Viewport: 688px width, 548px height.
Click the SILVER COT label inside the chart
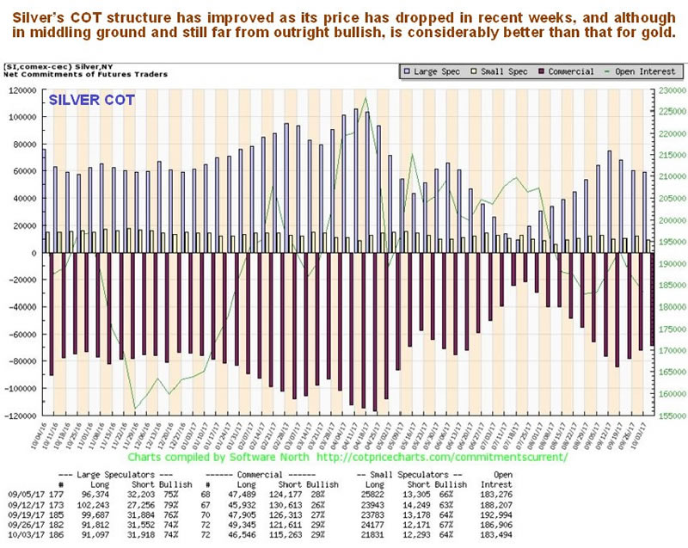click(x=91, y=101)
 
